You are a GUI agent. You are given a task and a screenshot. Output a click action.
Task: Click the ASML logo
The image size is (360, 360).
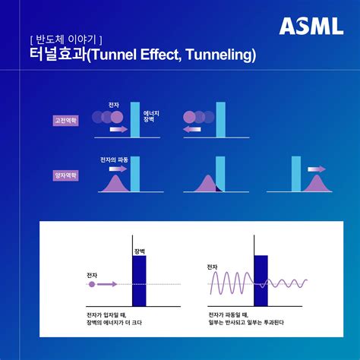coord(311,26)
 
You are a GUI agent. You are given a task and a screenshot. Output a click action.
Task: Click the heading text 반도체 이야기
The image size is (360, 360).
coord(66,39)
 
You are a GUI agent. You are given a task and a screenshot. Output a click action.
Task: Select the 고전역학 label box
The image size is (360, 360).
coord(66,121)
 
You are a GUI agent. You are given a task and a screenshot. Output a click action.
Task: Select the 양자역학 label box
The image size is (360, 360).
coord(66,175)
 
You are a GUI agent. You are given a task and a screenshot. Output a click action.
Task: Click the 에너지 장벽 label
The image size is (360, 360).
coord(151,116)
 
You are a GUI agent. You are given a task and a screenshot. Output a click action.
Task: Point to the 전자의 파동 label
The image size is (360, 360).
coord(114,160)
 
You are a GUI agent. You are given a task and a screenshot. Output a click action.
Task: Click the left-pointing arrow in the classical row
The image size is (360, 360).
coord(191,129)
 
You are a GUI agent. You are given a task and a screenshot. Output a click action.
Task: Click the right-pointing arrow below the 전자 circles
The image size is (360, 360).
coord(118,129)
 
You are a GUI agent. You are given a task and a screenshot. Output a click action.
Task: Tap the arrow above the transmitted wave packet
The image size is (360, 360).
coord(317,169)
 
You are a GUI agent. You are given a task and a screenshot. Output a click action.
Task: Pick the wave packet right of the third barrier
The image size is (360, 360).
coord(317,183)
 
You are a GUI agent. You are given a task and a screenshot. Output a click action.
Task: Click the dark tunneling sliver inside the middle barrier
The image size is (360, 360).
coord(219,188)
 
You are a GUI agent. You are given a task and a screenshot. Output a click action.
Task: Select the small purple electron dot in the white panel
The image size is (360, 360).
coord(92,284)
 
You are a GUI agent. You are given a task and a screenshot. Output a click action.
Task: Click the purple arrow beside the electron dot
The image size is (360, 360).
coord(107,284)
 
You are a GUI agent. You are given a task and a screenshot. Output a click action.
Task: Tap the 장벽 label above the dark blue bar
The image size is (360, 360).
coord(140,251)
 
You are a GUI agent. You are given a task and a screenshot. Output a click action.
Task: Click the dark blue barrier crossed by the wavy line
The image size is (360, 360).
coord(261,281)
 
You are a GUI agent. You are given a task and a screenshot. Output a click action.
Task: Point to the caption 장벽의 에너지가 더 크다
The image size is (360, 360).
coord(114,323)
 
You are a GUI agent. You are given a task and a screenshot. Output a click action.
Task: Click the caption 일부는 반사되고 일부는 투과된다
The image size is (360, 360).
coord(246,323)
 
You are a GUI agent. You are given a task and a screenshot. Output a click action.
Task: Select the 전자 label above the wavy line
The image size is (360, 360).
coord(212,267)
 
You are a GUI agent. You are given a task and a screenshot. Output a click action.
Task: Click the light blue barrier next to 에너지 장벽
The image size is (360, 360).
coord(135,120)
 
